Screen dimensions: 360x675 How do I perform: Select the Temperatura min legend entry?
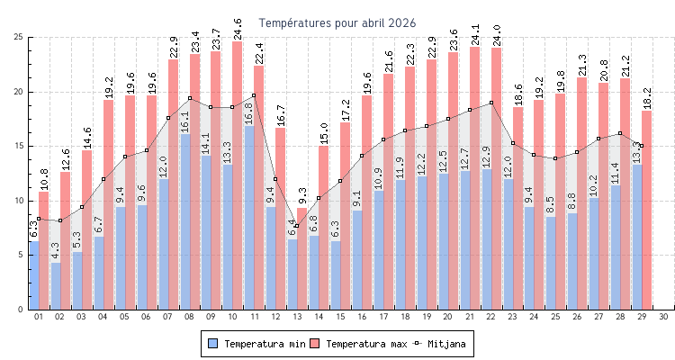tap(256, 344)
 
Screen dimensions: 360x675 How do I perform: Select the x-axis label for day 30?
tap(663, 317)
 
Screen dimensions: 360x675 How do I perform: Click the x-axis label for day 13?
tap(297, 317)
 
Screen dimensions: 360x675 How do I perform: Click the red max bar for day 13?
tap(302, 261)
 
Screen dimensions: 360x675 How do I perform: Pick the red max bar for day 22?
tap(497, 180)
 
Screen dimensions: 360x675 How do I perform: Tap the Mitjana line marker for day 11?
tap(254, 95)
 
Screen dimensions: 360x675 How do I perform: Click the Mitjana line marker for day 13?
tap(297, 226)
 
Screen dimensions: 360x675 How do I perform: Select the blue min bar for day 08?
tap(184, 225)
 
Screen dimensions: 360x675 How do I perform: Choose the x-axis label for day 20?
tap(448, 317)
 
